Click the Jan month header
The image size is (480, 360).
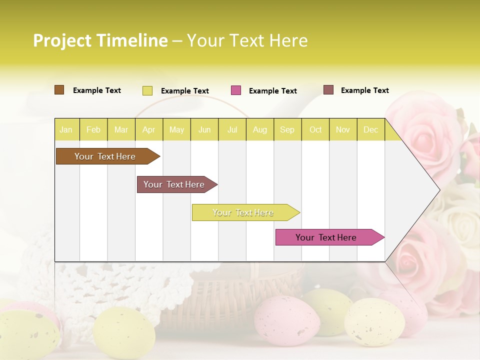click(x=66, y=129)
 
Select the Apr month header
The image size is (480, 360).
click(x=149, y=129)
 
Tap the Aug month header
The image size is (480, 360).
click(x=260, y=129)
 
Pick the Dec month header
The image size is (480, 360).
click(x=370, y=129)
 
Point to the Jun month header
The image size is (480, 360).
click(x=204, y=129)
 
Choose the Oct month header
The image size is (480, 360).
click(x=315, y=129)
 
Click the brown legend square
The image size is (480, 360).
click(x=59, y=90)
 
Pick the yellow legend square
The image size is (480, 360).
click(x=147, y=90)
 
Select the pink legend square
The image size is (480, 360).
click(x=236, y=90)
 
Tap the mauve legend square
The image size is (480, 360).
click(x=328, y=90)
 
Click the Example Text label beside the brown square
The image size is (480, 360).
click(x=97, y=90)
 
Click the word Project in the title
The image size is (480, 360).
click(x=62, y=40)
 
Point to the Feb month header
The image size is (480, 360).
click(x=93, y=129)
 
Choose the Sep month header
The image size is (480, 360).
click(x=287, y=129)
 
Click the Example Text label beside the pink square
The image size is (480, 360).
click(x=273, y=91)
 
